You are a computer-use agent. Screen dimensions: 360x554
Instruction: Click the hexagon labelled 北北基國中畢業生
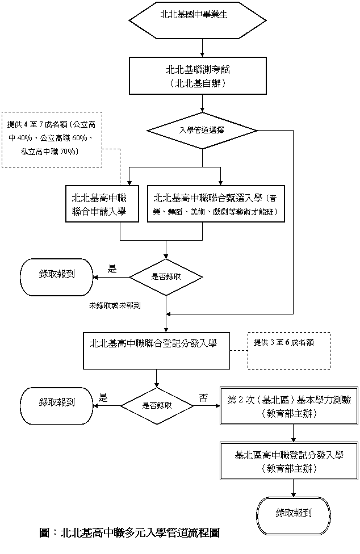tap(198, 20)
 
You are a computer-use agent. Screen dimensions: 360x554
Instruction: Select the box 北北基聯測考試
tap(198, 75)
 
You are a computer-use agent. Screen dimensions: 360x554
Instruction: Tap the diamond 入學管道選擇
tap(203, 131)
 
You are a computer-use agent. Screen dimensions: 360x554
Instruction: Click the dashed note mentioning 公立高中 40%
tap(52, 139)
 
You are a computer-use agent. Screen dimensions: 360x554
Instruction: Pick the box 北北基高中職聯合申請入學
tap(102, 204)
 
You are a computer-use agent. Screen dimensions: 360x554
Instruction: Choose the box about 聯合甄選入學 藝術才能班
tap(216, 204)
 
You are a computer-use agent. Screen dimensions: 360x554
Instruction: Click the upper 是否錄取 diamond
tap(166, 277)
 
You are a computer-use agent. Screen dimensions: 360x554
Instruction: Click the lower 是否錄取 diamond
tap(157, 406)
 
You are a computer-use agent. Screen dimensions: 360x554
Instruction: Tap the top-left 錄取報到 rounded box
tap(57, 277)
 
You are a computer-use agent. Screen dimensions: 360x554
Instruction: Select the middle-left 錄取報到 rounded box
tap(57, 406)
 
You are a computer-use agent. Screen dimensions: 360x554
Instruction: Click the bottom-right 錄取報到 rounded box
tap(294, 516)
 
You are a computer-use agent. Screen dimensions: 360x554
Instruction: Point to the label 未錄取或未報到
tap(115, 305)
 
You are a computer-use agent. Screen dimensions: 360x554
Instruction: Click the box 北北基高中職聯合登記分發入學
tap(157, 350)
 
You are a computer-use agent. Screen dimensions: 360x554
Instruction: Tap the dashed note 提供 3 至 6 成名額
tap(289, 350)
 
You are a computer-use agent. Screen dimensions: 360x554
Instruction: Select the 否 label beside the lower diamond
tap(203, 398)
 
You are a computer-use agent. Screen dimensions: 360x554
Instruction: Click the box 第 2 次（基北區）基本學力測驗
tap(289, 406)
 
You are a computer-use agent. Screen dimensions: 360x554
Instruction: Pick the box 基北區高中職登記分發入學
tap(289, 461)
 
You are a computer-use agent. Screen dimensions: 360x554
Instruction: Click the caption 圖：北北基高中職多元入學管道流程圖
tap(129, 532)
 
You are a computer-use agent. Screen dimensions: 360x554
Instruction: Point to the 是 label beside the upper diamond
tap(112, 269)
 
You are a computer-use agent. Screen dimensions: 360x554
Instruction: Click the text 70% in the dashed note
tap(68, 152)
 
